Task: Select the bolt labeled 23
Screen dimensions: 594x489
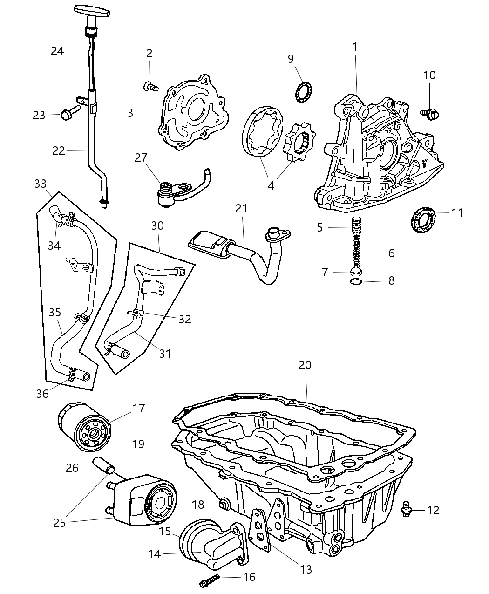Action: (x=69, y=112)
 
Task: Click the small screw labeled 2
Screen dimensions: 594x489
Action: (x=150, y=86)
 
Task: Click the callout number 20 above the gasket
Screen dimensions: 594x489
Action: (x=305, y=365)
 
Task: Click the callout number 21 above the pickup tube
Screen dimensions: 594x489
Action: (x=241, y=209)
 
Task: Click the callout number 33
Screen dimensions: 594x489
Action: (x=41, y=184)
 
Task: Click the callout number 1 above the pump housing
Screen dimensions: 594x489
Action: (x=355, y=47)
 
